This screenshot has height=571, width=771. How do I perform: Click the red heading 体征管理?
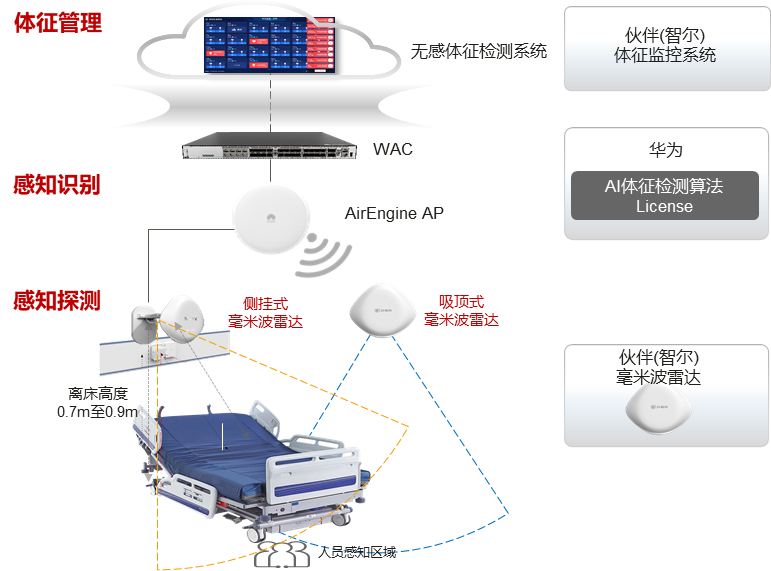58,23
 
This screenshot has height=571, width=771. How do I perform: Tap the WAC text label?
393,150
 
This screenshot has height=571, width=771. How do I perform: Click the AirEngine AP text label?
394,213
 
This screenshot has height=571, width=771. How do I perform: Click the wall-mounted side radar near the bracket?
185,316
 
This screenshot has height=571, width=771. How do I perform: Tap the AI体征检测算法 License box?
664,196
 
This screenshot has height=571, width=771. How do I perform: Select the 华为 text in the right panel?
665,150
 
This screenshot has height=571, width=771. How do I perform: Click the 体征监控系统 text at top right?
665,56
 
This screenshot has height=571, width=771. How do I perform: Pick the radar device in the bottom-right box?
664,409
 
